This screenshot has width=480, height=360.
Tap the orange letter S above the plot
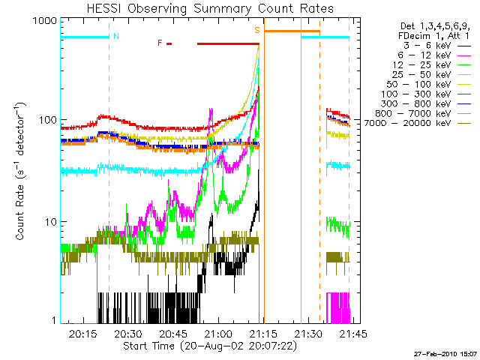point(257,30)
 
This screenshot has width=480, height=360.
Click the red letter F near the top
point(160,43)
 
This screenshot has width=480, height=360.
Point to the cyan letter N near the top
point(115,35)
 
